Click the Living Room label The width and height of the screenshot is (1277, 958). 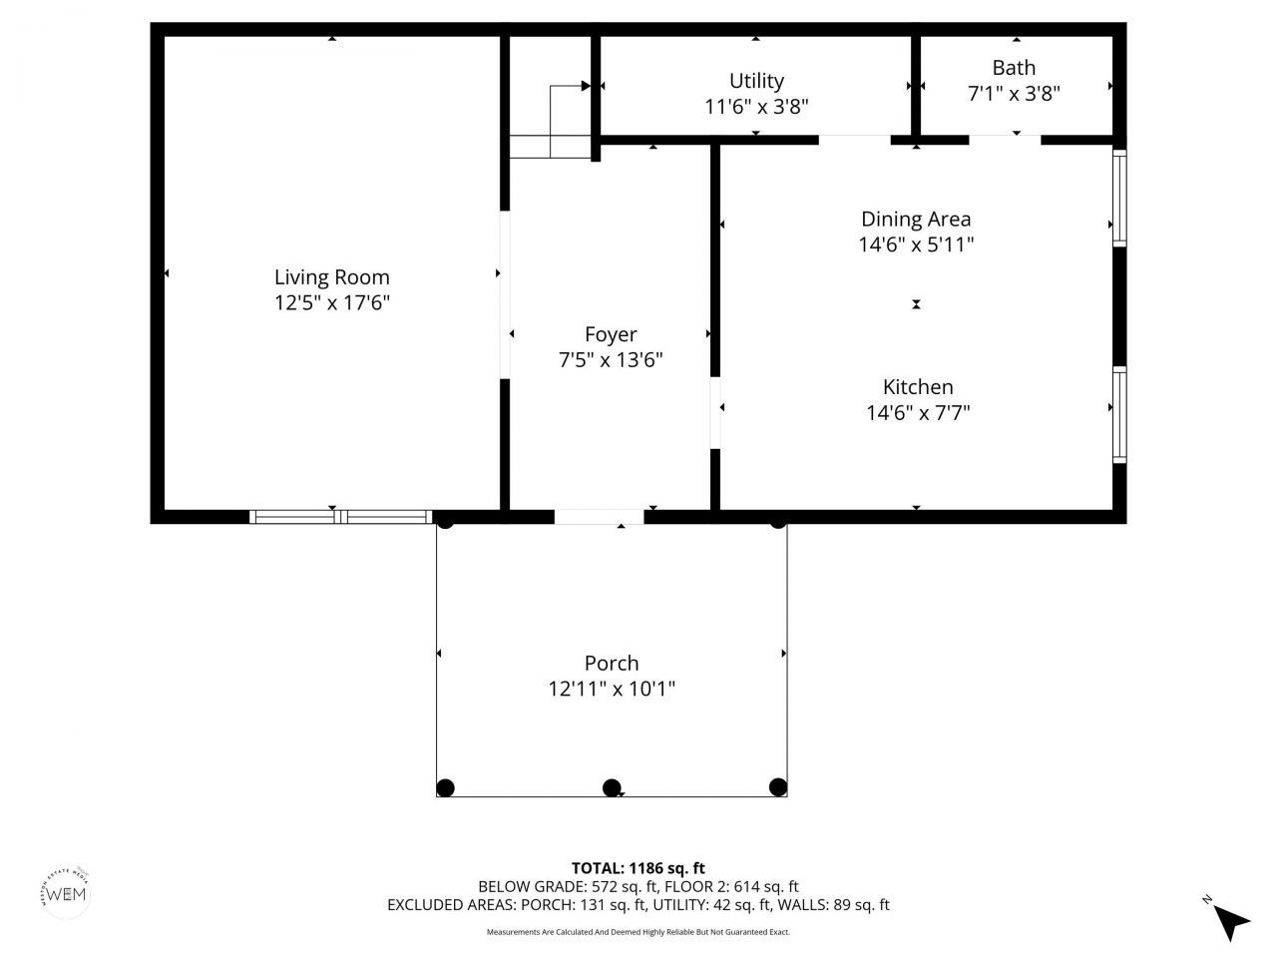331,277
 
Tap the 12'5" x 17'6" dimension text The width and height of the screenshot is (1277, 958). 331,303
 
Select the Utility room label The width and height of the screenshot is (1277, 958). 756,81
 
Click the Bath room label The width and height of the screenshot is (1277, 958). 1014,68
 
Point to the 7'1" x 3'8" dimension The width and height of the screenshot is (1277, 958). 1014,94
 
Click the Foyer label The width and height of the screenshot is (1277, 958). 611,334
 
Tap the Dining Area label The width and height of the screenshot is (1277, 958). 916,219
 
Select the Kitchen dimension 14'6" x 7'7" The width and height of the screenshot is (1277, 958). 918,412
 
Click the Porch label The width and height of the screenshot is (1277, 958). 612,663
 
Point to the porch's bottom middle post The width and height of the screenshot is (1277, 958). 613,787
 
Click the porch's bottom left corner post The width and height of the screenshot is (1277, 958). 446,787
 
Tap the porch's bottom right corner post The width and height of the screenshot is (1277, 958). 778,787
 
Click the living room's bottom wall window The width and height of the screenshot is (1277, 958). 340,516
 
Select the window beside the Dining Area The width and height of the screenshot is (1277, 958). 1119,197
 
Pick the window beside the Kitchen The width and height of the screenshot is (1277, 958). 1119,414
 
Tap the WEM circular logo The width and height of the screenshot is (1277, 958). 66,891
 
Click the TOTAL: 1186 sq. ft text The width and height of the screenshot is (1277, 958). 638,868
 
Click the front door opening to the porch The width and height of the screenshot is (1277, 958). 600,517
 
